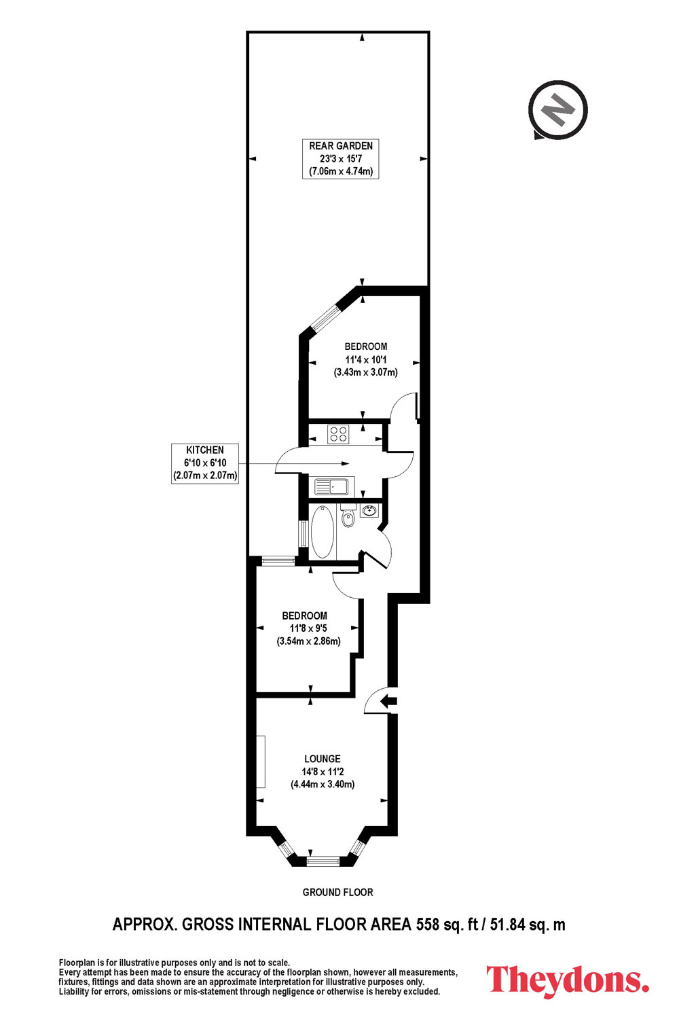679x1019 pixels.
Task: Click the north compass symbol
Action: point(557,110)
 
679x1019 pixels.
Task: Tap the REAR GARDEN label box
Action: point(341,159)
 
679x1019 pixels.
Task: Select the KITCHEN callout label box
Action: point(205,463)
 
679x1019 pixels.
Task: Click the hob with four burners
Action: point(338,433)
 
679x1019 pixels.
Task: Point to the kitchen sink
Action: point(331,486)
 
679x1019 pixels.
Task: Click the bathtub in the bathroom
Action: point(323,531)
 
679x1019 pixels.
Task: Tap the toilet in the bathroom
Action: point(348,515)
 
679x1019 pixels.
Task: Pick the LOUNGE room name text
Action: point(323,759)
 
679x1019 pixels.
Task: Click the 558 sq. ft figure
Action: point(447,925)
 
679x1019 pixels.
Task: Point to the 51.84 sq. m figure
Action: point(527,925)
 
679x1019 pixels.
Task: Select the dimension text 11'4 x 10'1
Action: point(366,359)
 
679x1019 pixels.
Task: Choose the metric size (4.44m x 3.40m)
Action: point(323,784)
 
